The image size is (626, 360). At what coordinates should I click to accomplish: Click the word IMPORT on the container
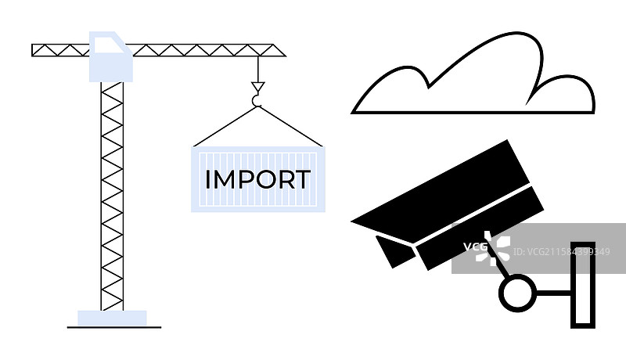point(257,179)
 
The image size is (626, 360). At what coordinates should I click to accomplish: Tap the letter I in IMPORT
point(207,179)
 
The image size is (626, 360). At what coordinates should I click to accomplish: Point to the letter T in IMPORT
point(301,179)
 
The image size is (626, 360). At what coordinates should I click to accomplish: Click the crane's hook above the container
point(257,99)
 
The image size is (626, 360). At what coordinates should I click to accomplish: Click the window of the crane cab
point(109,48)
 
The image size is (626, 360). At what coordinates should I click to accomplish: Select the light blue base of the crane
point(112,318)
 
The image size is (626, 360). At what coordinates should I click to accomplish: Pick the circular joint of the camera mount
point(516,293)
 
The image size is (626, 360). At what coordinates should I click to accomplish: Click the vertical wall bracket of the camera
point(583,282)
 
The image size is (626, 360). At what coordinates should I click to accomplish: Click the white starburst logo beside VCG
point(496,247)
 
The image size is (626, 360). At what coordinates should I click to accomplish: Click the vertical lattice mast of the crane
point(112,196)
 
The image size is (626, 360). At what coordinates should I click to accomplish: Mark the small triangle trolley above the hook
point(257,86)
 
